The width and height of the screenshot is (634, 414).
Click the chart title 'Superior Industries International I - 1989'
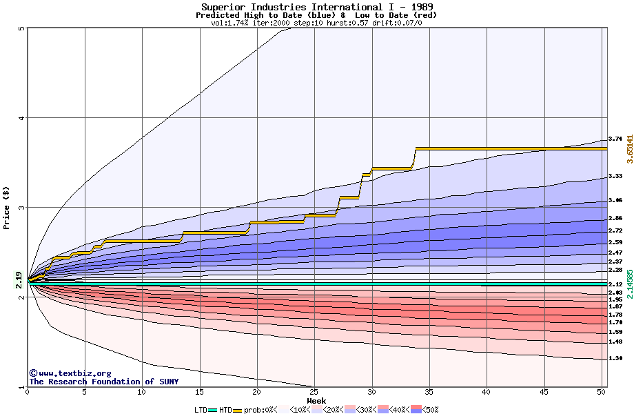[x=316, y=7]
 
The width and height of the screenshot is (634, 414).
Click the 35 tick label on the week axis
[x=429, y=392]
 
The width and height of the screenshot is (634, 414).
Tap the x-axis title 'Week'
[x=316, y=401]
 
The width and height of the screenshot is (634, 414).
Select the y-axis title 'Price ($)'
[x=6, y=208]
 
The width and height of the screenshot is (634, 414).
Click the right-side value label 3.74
[x=615, y=139]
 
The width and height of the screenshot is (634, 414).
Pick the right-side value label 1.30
[x=615, y=359]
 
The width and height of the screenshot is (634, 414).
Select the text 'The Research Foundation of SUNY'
[x=103, y=382]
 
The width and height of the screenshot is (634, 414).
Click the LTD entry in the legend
[x=201, y=410]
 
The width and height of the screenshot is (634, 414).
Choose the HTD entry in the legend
[x=225, y=410]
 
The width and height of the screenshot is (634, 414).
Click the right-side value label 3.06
[x=615, y=201]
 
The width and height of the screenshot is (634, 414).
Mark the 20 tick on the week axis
[x=257, y=392]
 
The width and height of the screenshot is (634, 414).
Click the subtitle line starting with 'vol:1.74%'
[x=316, y=23]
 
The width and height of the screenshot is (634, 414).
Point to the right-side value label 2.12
[x=615, y=284]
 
